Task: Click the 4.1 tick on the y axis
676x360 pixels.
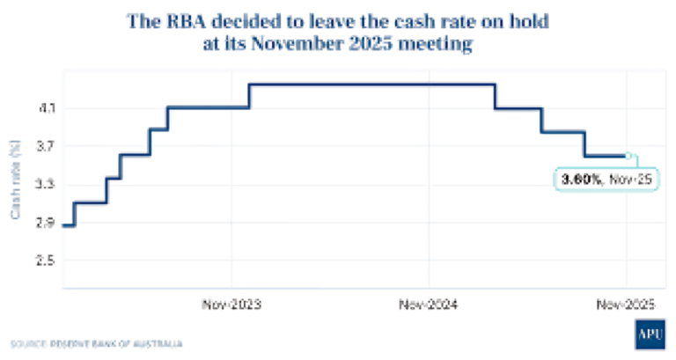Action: coord(43,108)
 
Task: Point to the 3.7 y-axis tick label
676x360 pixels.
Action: coord(43,146)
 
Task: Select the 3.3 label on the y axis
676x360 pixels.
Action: coord(43,184)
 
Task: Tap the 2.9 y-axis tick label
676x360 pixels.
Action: coord(43,223)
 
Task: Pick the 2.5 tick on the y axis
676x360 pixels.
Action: coord(43,261)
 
